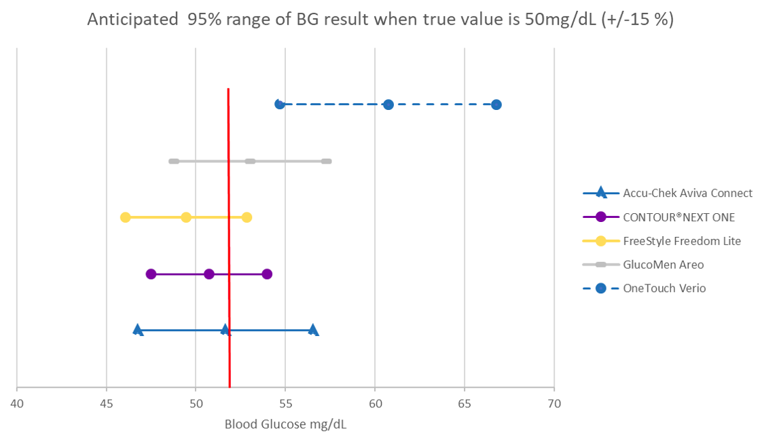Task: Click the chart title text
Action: pos(380,20)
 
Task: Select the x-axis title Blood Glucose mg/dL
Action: pos(285,424)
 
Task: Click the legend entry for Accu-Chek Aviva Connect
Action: pos(687,193)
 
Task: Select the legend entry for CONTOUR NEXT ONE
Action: pos(679,217)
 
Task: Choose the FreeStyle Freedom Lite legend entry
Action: pos(682,241)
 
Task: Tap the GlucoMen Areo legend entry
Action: pos(664,265)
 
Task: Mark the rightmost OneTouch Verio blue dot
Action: pos(496,105)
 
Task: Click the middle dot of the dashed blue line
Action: pos(388,105)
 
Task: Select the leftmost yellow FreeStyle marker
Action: pos(126,217)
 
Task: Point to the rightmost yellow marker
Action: pos(247,217)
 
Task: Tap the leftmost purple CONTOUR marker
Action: pos(151,274)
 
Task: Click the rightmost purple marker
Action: pos(267,274)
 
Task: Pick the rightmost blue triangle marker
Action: pos(313,330)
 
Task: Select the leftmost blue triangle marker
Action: pos(138,330)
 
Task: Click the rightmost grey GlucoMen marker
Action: pos(326,161)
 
